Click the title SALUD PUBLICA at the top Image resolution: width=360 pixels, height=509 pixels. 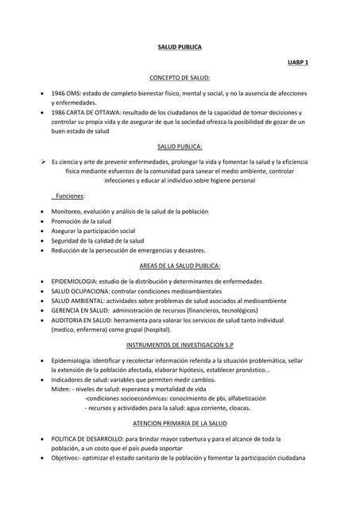(x=180, y=48)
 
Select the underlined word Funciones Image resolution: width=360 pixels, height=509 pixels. (x=69, y=196)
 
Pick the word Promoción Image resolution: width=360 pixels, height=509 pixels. (x=67, y=221)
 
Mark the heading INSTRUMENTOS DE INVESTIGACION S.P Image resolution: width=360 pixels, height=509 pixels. (x=180, y=344)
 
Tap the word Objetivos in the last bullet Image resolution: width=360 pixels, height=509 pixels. (x=66, y=458)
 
